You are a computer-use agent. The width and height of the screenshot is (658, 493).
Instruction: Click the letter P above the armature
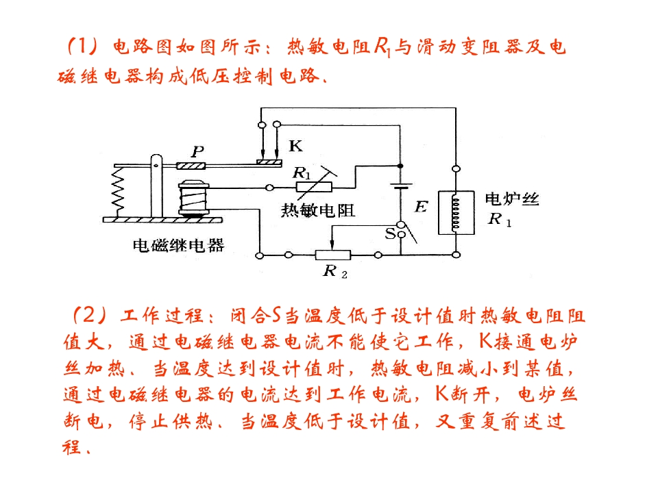tap(197, 151)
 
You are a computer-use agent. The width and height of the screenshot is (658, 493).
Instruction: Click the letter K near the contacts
tap(295, 146)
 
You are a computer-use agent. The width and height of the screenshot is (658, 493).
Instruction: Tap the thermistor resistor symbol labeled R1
tap(314, 186)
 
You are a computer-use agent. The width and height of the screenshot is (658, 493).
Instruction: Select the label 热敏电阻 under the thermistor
tap(318, 210)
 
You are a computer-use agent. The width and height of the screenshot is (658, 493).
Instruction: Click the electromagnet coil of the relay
tap(193, 199)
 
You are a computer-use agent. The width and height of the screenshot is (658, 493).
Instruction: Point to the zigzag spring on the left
tap(118, 191)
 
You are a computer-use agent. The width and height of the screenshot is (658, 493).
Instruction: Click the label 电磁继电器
tap(178, 245)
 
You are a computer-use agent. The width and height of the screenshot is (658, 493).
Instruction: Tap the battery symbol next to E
tap(401, 186)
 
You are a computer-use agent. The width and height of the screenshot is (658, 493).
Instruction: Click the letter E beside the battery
tap(421, 207)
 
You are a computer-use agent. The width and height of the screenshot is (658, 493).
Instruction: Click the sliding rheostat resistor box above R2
tap(333, 255)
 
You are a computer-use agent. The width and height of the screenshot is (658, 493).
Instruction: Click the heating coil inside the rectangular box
tap(455, 212)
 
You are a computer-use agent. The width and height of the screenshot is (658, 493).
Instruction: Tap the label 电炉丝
tap(512, 199)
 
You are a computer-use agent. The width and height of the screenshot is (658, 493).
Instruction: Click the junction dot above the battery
tap(400, 166)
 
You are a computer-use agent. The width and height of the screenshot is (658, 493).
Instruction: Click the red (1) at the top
tap(82, 45)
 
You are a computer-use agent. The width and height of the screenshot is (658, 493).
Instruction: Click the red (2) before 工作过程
tap(90, 315)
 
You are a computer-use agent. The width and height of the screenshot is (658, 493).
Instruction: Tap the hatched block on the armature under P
tap(191, 166)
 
